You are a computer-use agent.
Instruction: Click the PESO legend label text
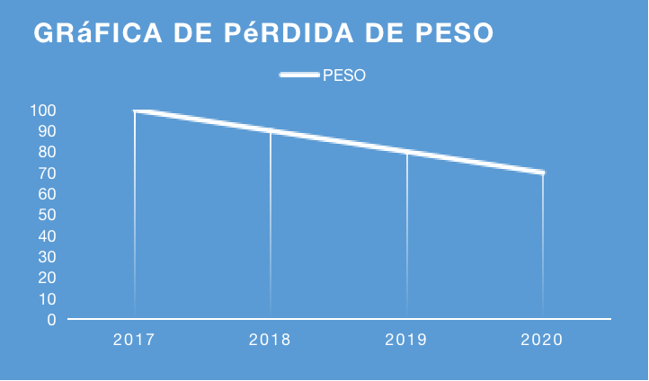click(343, 75)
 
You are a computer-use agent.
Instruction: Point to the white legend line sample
click(300, 75)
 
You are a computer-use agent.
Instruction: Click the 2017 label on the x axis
click(135, 340)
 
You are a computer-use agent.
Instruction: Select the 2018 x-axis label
click(271, 340)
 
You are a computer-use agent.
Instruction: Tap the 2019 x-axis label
click(406, 340)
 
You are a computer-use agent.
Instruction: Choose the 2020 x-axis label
click(542, 340)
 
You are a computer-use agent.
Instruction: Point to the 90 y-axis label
click(47, 131)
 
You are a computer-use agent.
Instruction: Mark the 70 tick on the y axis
click(47, 173)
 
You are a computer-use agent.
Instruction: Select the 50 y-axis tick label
click(47, 215)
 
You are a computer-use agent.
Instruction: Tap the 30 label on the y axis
click(47, 256)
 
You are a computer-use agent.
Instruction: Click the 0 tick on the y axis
click(51, 319)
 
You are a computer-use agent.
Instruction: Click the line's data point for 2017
click(135, 111)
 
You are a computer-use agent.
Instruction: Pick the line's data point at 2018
click(271, 131)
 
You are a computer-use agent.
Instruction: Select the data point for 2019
click(406, 152)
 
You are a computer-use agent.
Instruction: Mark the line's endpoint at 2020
click(542, 173)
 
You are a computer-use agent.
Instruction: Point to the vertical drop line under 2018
click(271, 225)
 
